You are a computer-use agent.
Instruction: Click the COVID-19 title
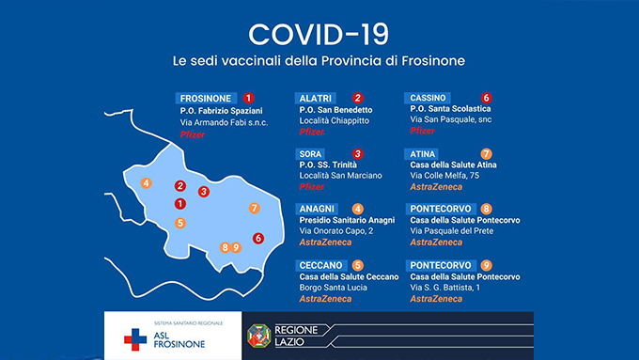click(319, 34)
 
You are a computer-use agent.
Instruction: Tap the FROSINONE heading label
click(206, 99)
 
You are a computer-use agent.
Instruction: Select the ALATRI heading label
click(316, 99)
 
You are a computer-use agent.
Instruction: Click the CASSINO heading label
click(428, 98)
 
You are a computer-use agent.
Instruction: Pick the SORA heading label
click(310, 154)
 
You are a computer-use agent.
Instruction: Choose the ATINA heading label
click(422, 154)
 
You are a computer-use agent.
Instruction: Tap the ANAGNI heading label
click(317, 210)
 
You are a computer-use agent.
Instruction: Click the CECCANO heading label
click(321, 265)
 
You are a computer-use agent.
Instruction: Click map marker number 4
click(146, 183)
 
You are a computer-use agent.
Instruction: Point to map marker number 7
click(255, 209)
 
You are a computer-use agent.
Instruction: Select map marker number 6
click(258, 238)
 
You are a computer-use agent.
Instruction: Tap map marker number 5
click(180, 223)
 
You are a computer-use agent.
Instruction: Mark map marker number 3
click(204, 191)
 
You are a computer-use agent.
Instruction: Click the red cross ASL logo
click(135, 339)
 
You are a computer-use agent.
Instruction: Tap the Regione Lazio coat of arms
click(259, 336)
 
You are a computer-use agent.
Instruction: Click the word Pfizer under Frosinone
click(193, 134)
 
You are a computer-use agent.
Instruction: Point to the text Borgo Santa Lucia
click(334, 288)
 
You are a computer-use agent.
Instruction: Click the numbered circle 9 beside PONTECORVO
click(486, 265)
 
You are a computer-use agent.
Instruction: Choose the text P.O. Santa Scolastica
click(450, 109)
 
